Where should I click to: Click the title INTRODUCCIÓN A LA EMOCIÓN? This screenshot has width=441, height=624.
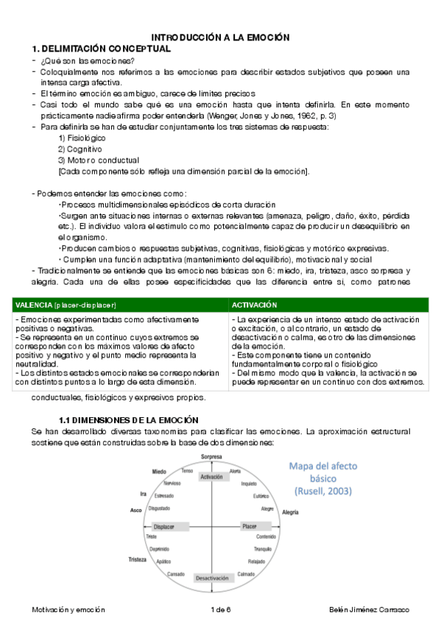pyautogui.click(x=221, y=37)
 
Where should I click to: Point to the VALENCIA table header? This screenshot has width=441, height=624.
pyautogui.click(x=65, y=305)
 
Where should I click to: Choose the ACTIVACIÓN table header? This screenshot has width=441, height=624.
pyautogui.click(x=254, y=305)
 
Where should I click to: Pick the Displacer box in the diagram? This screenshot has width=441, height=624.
pyautogui.click(x=164, y=527)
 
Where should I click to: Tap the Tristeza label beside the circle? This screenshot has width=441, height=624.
pyautogui.click(x=138, y=559)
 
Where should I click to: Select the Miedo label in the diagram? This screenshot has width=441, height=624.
pyautogui.click(x=159, y=471)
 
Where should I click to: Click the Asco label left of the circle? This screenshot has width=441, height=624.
pyautogui.click(x=135, y=510)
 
